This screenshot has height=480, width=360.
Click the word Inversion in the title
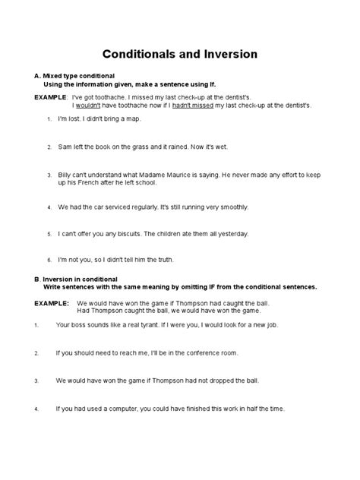226,55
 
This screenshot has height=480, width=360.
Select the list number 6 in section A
49,260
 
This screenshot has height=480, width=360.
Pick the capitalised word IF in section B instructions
194,287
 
